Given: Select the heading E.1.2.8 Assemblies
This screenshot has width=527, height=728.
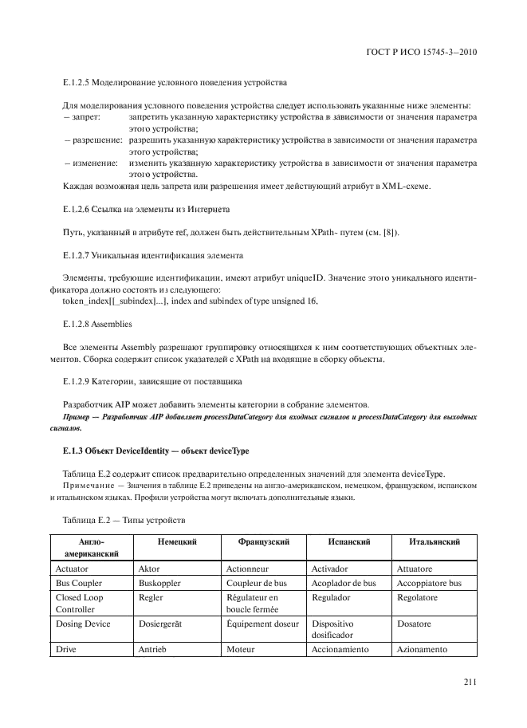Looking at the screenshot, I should pyautogui.click(x=96, y=325).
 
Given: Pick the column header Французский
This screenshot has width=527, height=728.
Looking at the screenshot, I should pyautogui.click(x=262, y=541).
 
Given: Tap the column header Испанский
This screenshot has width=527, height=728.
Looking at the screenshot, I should pyautogui.click(x=349, y=541).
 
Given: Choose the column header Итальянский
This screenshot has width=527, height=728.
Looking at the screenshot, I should pyautogui.click(x=434, y=541).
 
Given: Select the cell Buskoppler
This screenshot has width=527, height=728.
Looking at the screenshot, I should pyautogui.click(x=159, y=583).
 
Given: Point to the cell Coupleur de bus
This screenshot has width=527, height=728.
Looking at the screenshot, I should pyautogui.click(x=257, y=583).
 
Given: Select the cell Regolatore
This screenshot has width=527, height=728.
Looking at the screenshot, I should pyautogui.click(x=417, y=597).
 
